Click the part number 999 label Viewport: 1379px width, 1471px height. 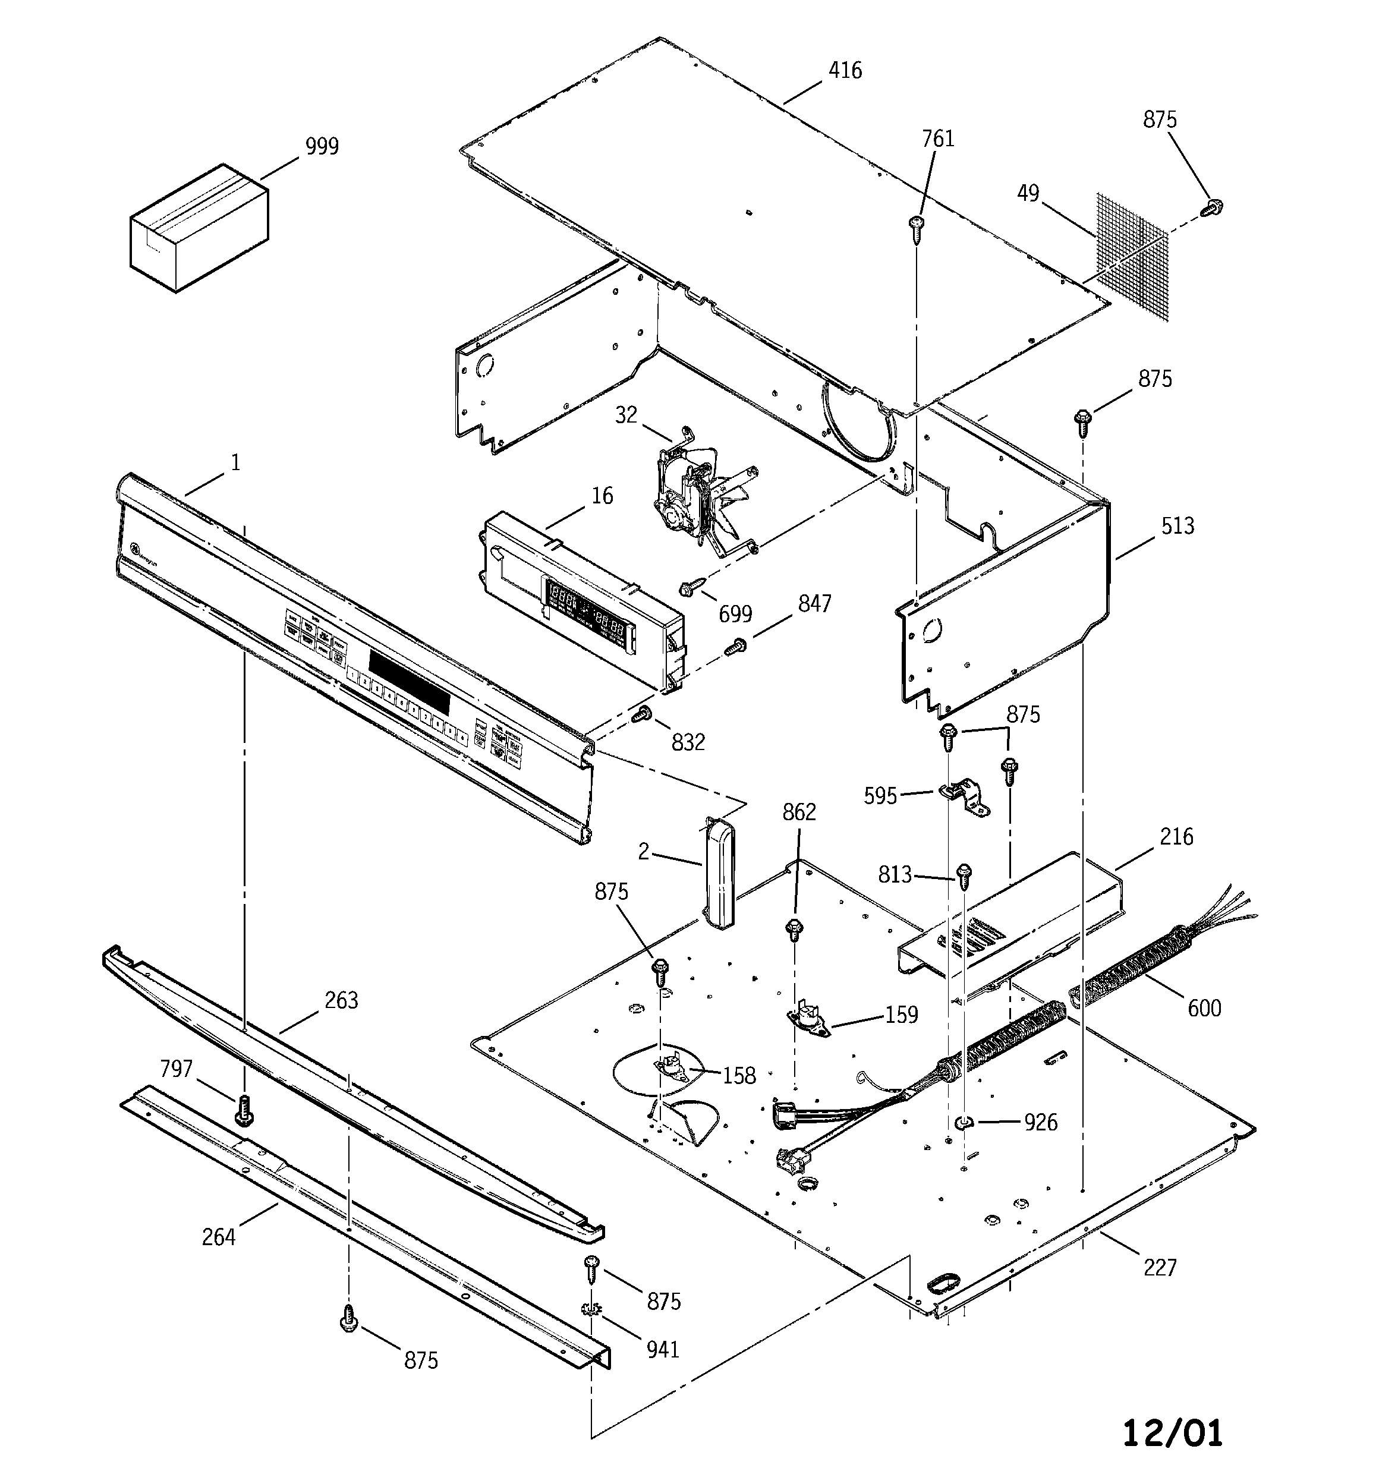click(x=322, y=147)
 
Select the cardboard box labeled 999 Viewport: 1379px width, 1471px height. click(x=199, y=227)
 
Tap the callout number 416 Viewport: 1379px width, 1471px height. click(x=845, y=70)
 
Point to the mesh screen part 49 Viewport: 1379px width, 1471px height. click(x=1132, y=256)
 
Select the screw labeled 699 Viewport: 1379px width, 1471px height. click(x=688, y=588)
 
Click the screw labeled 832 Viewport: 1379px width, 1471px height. click(x=642, y=714)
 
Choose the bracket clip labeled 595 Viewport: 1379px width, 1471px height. click(x=966, y=798)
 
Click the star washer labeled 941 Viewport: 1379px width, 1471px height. click(x=590, y=1310)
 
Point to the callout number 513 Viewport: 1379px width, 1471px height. click(x=1177, y=525)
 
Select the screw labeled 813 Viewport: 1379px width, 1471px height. click(x=965, y=877)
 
